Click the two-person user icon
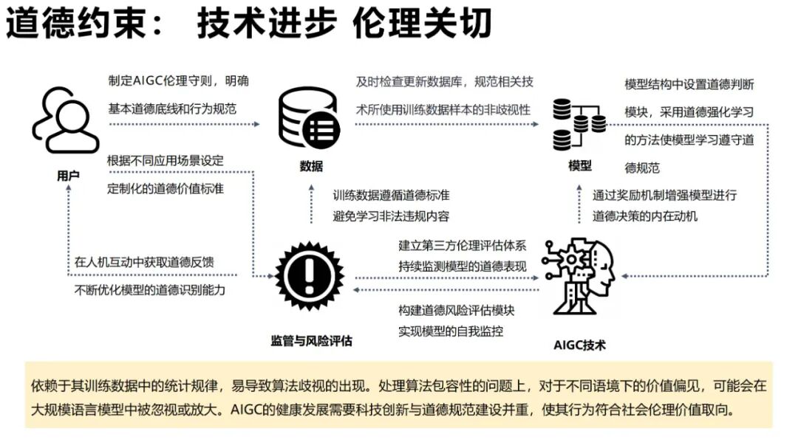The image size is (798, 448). pos(65,120)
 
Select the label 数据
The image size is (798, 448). pos(311,166)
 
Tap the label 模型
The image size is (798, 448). pos(580,165)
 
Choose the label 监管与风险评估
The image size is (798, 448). pos(311,341)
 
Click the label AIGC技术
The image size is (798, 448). pos(579,345)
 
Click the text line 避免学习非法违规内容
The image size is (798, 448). pos(391,216)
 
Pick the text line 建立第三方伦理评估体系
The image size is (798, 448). pos(463,245)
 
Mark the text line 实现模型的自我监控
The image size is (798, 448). pos(451,331)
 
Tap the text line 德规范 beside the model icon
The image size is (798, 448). pos(642,168)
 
